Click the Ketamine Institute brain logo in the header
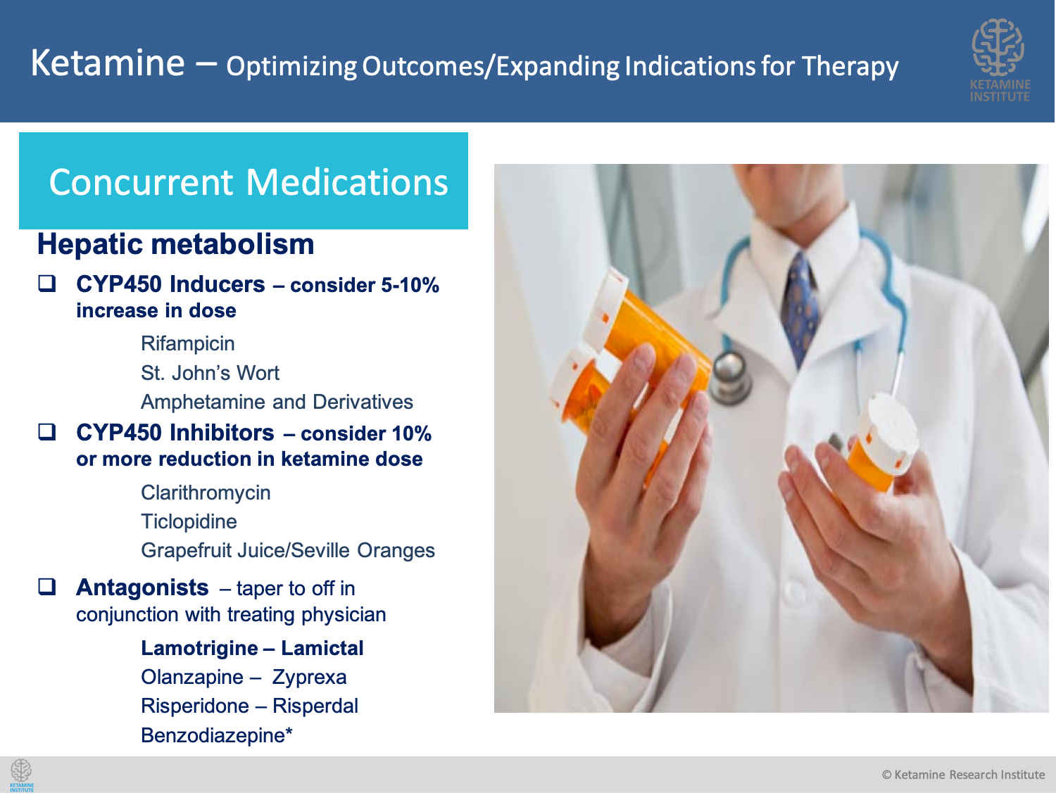(999, 60)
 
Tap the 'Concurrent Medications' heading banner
(244, 181)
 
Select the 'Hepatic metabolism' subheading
(175, 244)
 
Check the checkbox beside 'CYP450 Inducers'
(47, 284)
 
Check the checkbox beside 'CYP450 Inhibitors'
(47, 432)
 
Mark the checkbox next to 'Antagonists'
(47, 587)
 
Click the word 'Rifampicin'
(188, 344)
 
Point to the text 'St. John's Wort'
(210, 373)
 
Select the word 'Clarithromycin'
(206, 493)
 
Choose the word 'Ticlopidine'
(189, 521)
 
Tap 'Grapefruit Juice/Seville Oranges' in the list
(288, 551)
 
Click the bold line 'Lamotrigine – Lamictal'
(252, 649)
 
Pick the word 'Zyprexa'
(309, 678)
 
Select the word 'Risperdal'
(315, 706)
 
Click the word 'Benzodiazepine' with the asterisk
(217, 735)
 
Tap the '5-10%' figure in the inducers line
(410, 285)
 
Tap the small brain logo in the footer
(22, 775)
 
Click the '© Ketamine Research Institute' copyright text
(964, 775)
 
